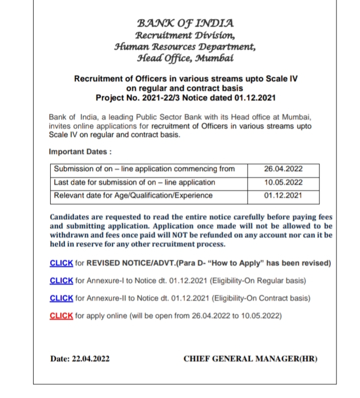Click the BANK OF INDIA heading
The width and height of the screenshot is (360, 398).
point(185,23)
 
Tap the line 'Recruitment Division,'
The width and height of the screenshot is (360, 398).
point(185,35)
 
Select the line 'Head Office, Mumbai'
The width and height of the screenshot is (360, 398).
point(185,58)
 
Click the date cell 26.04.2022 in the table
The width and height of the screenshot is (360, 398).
point(283,169)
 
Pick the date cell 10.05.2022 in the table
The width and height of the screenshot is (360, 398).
point(283,182)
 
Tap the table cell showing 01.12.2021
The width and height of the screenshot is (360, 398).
point(283,195)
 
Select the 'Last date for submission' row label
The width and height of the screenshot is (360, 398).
point(134,182)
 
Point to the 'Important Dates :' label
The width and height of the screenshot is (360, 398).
point(80,151)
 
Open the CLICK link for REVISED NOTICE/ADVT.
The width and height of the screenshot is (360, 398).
point(62,263)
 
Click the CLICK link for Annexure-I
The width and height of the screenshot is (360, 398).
point(62,281)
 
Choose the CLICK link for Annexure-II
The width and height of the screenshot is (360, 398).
point(62,298)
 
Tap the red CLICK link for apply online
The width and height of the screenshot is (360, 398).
point(62,316)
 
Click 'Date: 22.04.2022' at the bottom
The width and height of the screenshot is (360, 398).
point(80,359)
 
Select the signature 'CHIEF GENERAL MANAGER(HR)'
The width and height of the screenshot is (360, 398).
point(250,359)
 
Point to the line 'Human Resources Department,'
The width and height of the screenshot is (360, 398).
point(185,47)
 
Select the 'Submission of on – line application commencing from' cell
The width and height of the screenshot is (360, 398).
point(144,169)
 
